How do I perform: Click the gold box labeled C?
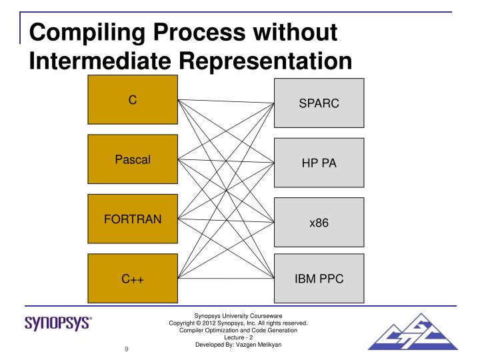[132, 99]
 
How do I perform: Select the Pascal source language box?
[132, 159]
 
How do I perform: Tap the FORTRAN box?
[132, 219]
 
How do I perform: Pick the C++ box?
[132, 279]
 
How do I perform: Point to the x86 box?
[319, 223]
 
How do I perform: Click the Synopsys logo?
[59, 324]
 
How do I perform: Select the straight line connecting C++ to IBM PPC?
[227, 278]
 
